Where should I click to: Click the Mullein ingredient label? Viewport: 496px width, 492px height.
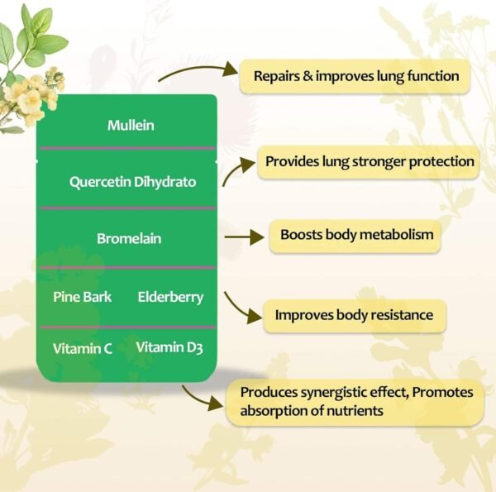(x=131, y=126)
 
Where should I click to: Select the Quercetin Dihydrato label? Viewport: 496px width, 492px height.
(x=132, y=181)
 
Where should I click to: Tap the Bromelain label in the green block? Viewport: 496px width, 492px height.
(x=129, y=238)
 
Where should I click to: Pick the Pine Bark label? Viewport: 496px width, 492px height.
(x=82, y=296)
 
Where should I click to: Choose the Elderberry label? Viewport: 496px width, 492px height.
(x=170, y=296)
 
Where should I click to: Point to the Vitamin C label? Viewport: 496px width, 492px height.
(x=83, y=348)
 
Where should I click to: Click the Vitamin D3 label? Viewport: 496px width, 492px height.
(x=169, y=347)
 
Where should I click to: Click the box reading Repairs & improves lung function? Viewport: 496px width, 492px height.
(x=355, y=77)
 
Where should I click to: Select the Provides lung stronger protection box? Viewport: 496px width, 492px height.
(x=370, y=162)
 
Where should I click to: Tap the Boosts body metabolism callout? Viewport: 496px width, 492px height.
(x=356, y=235)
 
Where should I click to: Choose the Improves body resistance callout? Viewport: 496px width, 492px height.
(x=354, y=315)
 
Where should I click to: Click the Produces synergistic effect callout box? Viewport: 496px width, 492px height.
(x=355, y=401)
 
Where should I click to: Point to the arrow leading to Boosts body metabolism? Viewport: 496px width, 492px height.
(x=243, y=236)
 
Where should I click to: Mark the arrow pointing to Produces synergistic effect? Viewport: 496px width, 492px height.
(x=203, y=399)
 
